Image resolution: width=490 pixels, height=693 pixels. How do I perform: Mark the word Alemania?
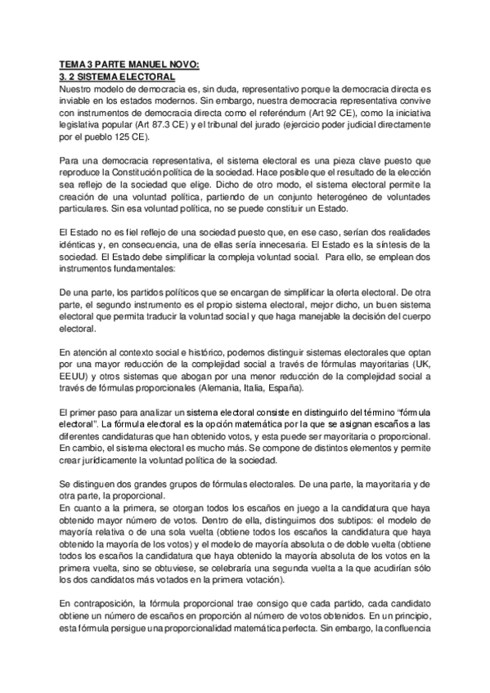click(x=232, y=387)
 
